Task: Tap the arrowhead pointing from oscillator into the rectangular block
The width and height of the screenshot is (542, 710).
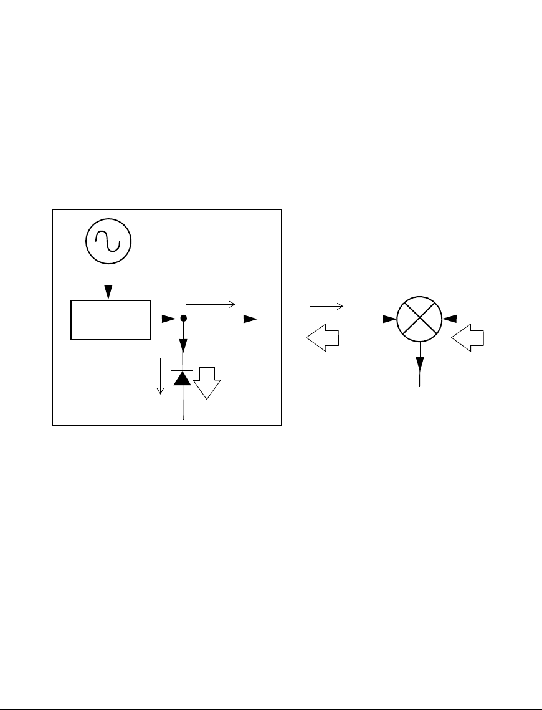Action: [108, 291]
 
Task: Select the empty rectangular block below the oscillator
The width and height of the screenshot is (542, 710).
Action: [111, 320]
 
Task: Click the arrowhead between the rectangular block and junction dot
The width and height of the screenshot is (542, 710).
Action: [168, 319]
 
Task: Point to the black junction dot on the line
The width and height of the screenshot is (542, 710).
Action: [183, 319]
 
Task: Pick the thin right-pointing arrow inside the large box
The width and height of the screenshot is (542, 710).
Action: [211, 304]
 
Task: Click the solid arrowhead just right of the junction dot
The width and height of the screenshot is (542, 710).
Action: [250, 319]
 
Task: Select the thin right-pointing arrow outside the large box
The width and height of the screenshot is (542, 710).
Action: [326, 306]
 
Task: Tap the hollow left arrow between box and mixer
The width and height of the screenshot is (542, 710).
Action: [322, 339]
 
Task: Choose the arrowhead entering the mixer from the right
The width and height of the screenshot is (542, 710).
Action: [449, 319]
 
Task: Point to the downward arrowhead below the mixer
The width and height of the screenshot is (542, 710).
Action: [421, 362]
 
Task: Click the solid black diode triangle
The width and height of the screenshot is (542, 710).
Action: [183, 377]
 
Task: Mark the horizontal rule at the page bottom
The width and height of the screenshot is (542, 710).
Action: [271, 692]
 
